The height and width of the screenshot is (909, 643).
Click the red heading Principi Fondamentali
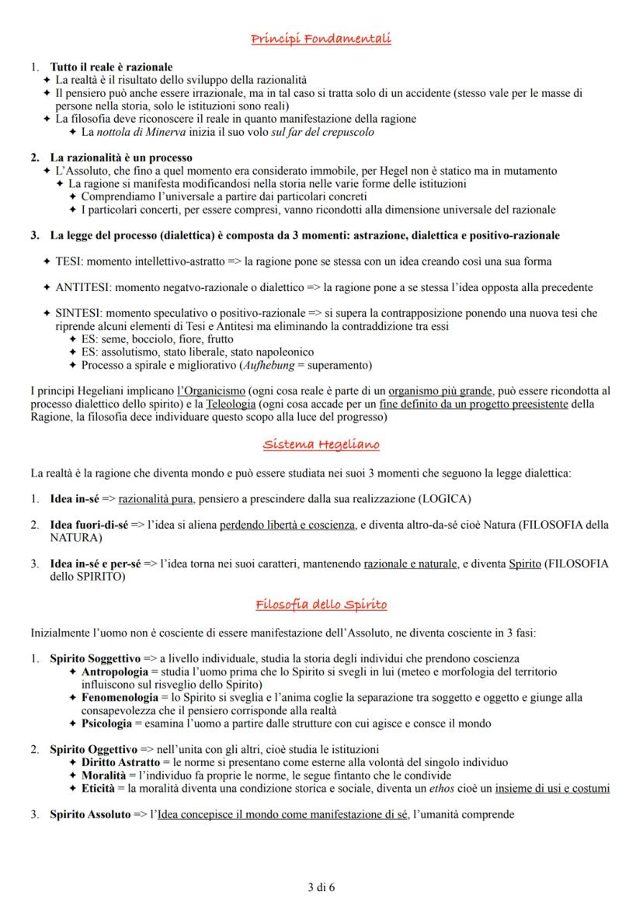pyautogui.click(x=321, y=39)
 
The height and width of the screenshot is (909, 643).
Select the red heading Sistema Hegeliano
pyautogui.click(x=321, y=444)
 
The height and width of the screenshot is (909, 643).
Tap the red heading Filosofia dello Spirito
pyautogui.click(x=321, y=604)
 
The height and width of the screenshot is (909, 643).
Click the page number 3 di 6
pyautogui.click(x=321, y=886)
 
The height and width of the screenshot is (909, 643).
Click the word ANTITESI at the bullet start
pyautogui.click(x=81, y=288)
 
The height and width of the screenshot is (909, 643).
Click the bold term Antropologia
pyautogui.click(x=115, y=671)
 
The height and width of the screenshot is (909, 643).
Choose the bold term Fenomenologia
pyautogui.click(x=119, y=698)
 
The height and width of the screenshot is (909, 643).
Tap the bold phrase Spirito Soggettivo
pyautogui.click(x=95, y=659)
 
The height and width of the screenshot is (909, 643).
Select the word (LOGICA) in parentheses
pyautogui.click(x=444, y=498)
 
